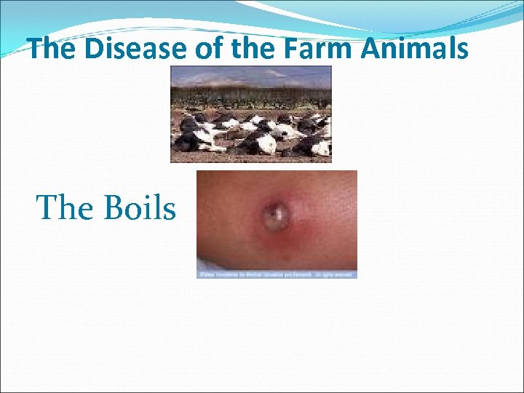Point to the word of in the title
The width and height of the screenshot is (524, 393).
click(208, 49)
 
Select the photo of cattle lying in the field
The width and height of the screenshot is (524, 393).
click(251, 114)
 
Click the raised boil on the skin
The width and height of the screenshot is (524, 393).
click(276, 215)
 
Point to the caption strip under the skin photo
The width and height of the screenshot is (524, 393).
click(277, 274)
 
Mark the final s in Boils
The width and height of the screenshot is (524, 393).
click(169, 211)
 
